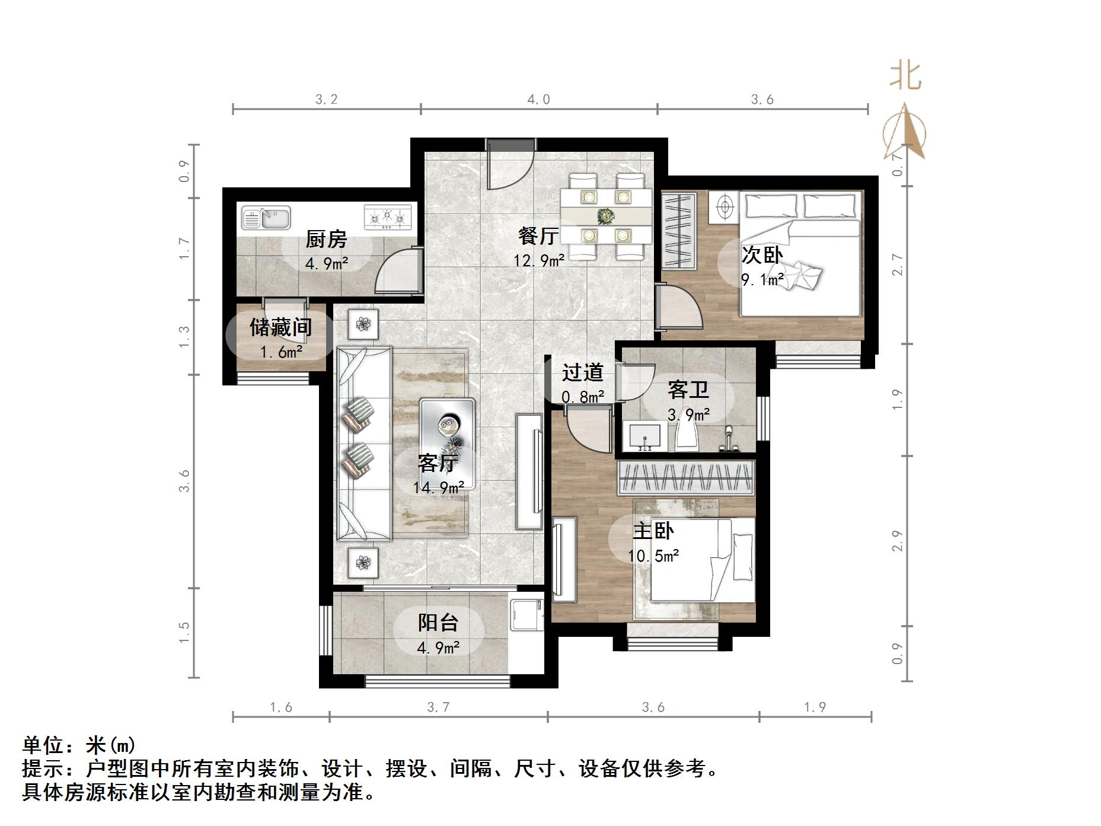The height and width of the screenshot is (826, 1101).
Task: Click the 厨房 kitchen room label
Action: (325, 240)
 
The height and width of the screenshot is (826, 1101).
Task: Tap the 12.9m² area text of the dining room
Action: (538, 260)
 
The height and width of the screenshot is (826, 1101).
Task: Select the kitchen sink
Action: (266, 218)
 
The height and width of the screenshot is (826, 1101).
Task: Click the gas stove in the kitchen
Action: (388, 217)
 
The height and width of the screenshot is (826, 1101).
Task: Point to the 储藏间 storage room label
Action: (280, 327)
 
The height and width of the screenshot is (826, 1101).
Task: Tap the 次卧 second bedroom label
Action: (762, 255)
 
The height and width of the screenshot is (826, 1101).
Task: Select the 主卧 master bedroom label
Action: (653, 530)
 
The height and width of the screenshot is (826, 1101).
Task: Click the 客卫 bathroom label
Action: (688, 390)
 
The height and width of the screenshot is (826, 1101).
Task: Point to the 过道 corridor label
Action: (582, 372)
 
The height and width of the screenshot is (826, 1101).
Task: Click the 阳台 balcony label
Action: (438, 623)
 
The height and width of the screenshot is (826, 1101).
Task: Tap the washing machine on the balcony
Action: (526, 614)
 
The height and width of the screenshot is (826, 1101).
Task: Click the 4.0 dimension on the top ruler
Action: (538, 100)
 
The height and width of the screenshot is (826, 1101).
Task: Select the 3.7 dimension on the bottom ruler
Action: (438, 707)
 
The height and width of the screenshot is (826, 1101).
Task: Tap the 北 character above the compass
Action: (905, 77)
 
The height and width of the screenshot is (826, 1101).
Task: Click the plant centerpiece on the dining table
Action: (605, 215)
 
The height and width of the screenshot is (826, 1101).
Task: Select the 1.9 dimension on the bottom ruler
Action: (815, 707)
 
